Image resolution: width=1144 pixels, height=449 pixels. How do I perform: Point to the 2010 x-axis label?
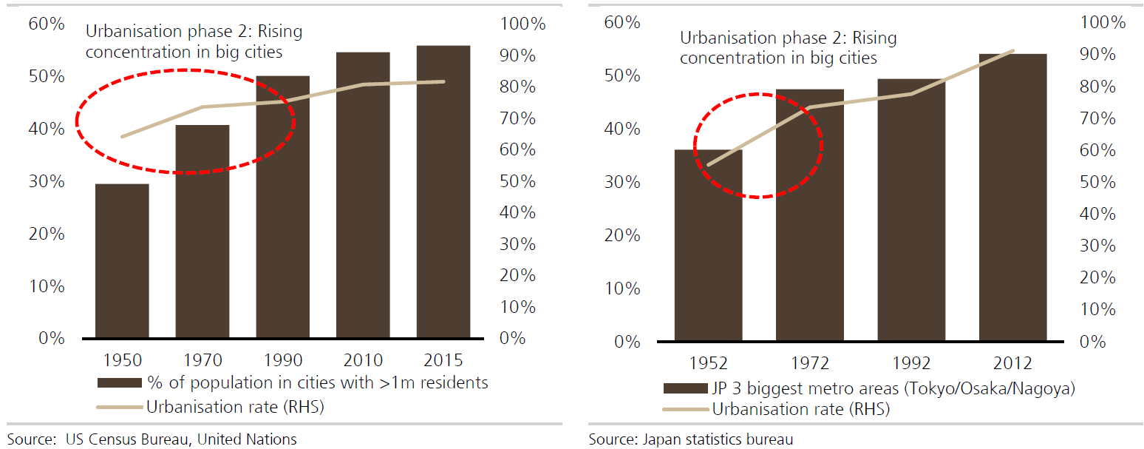363,360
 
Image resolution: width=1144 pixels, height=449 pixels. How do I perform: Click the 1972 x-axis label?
809,363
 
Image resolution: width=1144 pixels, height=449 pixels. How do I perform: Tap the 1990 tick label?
282,360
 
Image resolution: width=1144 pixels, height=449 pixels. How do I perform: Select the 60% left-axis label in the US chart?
47,24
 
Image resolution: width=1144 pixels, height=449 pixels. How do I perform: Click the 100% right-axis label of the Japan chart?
1103,22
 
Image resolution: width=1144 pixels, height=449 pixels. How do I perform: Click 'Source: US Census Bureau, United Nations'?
152,439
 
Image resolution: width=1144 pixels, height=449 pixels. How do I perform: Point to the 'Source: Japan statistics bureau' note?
690,439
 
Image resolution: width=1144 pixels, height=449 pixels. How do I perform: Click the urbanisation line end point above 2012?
1012,51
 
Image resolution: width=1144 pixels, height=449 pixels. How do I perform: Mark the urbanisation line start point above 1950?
122,136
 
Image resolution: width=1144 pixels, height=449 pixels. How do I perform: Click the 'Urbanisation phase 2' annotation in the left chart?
194,42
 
